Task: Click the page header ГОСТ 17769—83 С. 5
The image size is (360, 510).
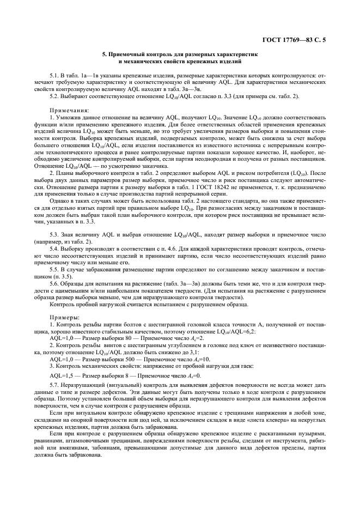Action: click(297, 38)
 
